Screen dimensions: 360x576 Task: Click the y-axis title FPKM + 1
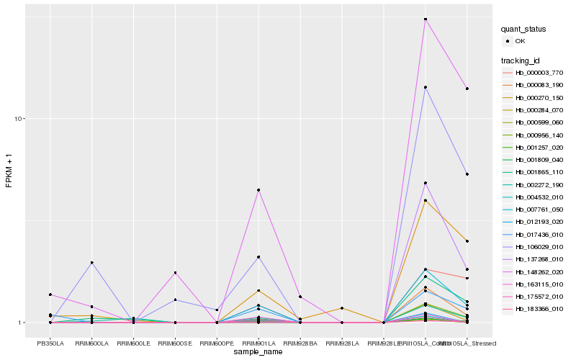9,173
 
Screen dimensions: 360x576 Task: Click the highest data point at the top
426,19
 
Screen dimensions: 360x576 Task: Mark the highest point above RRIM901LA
258,190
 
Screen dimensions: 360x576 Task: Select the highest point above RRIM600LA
92,263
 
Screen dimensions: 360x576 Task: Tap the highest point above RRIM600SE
175,273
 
